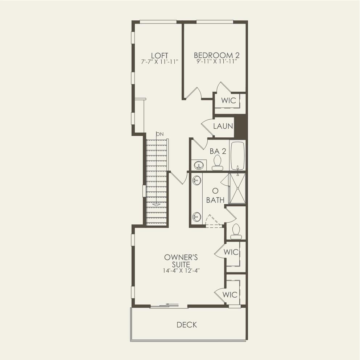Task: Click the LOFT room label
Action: tap(160, 55)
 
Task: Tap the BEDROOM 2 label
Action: tap(217, 55)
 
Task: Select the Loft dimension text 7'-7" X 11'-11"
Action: tap(160, 62)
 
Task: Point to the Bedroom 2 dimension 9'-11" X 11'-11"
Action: tap(217, 62)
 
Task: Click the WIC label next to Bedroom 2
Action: tap(229, 100)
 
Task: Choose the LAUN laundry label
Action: tap(223, 126)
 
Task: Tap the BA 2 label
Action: tap(218, 151)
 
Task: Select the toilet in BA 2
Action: tap(218, 162)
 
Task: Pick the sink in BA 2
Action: tap(198, 165)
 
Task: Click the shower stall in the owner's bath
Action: tap(238, 188)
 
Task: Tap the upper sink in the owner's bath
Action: tap(196, 180)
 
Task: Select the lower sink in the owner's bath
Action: tap(196, 216)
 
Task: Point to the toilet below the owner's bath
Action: tap(236, 231)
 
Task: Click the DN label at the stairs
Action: tap(160, 134)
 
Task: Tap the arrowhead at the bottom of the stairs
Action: tap(156, 204)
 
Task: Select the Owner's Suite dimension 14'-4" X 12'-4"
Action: tap(181, 270)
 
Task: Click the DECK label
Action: tap(187, 324)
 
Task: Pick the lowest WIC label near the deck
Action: tap(230, 295)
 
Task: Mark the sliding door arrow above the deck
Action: tap(173, 305)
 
